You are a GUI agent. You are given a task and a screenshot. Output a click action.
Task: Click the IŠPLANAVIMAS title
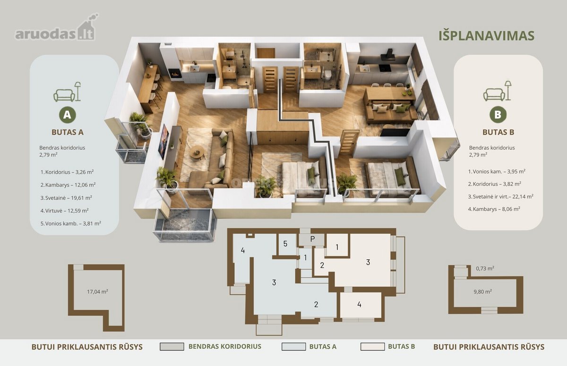tap(486, 36)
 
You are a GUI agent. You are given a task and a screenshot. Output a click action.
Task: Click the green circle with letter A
tap(67, 115)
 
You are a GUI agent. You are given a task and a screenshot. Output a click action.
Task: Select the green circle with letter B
tap(498, 115)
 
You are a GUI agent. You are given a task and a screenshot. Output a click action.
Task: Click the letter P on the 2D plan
tap(313, 239)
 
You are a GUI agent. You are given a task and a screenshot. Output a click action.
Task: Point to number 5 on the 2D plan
tap(285, 244)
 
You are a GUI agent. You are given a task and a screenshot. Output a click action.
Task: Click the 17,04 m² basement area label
tap(97, 292)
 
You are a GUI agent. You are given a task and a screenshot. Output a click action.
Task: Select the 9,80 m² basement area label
tap(483, 292)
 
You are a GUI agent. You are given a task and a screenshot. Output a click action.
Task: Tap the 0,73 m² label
tap(485, 268)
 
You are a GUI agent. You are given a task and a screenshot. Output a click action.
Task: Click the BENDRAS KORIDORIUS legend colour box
tap(172, 347)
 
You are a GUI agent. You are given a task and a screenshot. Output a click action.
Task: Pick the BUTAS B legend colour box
tap(373, 347)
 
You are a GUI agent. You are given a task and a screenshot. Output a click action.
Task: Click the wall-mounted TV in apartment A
tap(163, 142)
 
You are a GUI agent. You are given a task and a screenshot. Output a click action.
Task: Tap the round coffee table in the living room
tap(197, 153)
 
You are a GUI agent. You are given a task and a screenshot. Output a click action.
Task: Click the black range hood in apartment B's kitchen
tap(387, 55)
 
